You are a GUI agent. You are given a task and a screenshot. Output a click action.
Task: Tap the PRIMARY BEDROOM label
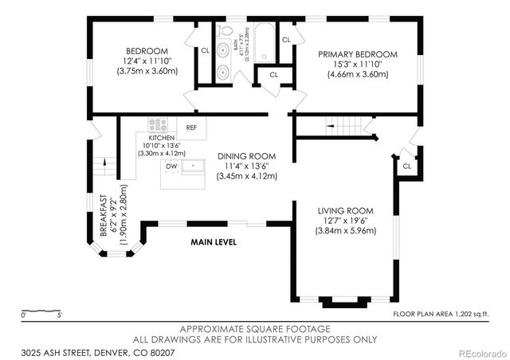point(357,54)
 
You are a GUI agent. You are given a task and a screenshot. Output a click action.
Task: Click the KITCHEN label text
point(162,138)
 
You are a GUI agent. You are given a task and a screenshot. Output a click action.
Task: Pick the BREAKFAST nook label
point(104,214)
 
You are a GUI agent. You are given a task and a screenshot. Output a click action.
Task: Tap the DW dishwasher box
point(171,166)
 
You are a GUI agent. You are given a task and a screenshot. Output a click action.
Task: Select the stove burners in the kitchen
point(157,124)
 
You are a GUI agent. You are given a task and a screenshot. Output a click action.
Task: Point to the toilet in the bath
point(224,32)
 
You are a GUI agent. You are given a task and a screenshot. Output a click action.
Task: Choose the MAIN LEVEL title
point(213,242)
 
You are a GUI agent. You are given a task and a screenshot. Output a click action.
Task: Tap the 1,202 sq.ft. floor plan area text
point(442,314)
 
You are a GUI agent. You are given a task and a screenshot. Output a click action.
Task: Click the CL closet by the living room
point(406,166)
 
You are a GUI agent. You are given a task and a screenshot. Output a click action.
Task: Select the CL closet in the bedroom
point(205,50)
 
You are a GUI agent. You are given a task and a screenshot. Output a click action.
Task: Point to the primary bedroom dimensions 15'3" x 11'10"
point(357,65)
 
